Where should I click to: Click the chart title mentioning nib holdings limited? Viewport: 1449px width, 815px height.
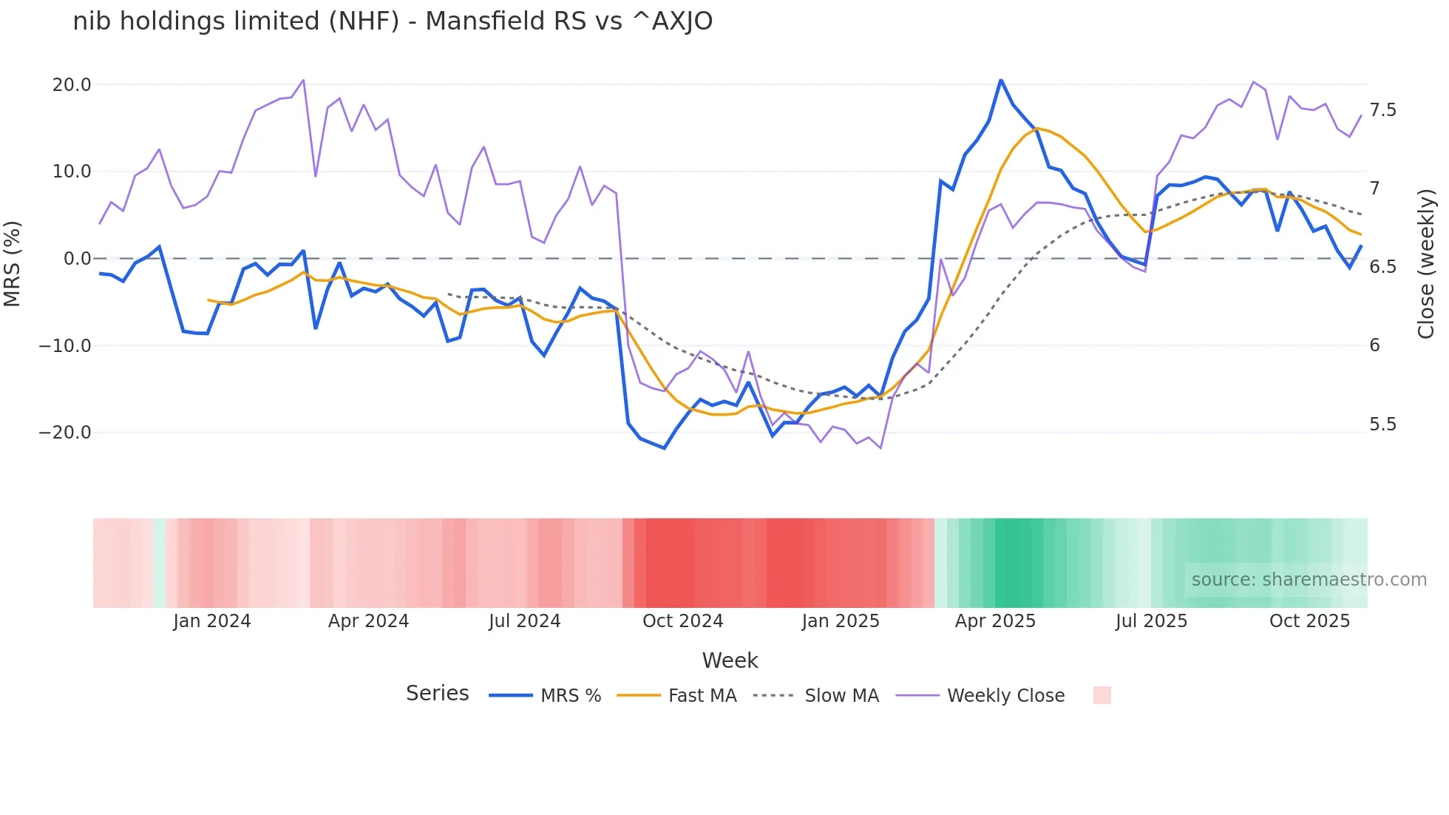(x=393, y=21)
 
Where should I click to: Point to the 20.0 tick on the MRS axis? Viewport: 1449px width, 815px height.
(x=72, y=85)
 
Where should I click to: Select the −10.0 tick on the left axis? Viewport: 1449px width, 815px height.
(x=65, y=346)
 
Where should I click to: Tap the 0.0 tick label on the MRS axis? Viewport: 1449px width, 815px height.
(x=77, y=259)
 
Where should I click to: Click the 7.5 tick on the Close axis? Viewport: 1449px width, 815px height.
(x=1382, y=110)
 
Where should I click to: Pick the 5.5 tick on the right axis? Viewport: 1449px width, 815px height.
(x=1382, y=425)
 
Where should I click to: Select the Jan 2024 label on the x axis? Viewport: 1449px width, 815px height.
(x=212, y=621)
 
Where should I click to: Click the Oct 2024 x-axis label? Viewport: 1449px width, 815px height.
(x=682, y=621)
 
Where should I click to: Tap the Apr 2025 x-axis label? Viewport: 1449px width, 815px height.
(x=995, y=621)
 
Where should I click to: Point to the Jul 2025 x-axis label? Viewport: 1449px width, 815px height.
(x=1151, y=621)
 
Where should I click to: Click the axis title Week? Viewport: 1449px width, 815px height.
(x=730, y=660)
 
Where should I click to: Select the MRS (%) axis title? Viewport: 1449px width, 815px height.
(x=13, y=263)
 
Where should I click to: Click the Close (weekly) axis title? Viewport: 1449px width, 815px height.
(x=1426, y=263)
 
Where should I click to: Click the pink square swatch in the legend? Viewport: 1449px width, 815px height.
(x=1102, y=695)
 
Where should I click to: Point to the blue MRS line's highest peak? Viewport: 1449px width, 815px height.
(x=1000, y=80)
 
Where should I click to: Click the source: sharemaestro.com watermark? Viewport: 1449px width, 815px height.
(x=1309, y=580)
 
